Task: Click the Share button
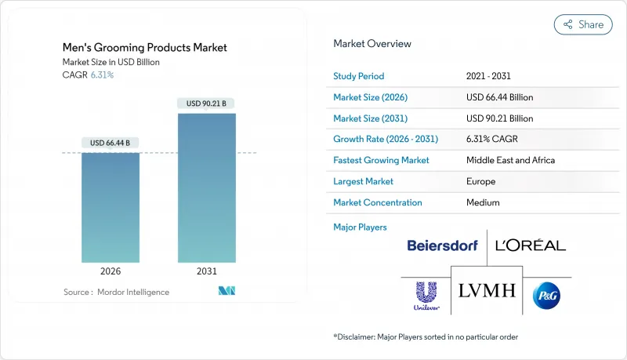click(x=583, y=24)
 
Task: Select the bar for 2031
click(x=206, y=187)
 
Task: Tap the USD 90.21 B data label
click(x=206, y=104)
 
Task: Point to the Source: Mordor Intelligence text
click(x=116, y=293)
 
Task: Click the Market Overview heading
click(x=372, y=44)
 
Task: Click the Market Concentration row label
click(x=378, y=202)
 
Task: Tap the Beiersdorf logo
click(x=442, y=246)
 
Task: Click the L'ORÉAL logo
click(x=531, y=245)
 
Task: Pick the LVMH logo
click(x=487, y=291)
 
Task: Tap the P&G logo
click(x=545, y=295)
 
